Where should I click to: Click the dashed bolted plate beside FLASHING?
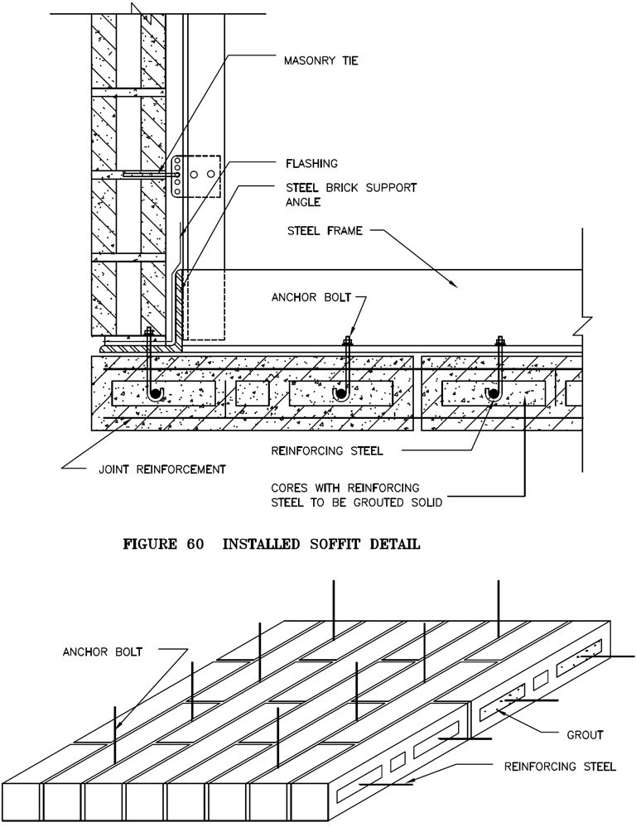tap(198, 175)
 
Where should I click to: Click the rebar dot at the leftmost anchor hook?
tap(153, 394)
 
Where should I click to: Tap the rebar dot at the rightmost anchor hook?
tap(493, 394)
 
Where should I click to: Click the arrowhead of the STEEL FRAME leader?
tap(455, 286)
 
